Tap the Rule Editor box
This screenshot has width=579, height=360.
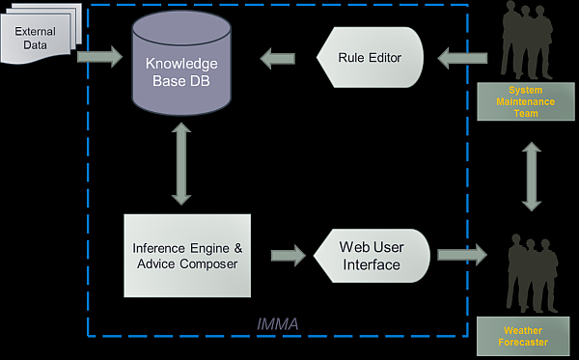point(370,58)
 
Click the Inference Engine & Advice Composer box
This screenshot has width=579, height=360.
point(187,255)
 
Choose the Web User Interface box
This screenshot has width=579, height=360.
point(370,256)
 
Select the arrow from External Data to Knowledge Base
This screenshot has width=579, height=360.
point(99,58)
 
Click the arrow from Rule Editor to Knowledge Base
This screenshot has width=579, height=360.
point(278,58)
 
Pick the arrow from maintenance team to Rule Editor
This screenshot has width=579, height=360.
point(460,58)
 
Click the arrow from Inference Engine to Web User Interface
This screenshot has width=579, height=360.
point(287,256)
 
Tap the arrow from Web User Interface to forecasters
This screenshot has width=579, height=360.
point(461,256)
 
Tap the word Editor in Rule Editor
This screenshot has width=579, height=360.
point(383,58)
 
